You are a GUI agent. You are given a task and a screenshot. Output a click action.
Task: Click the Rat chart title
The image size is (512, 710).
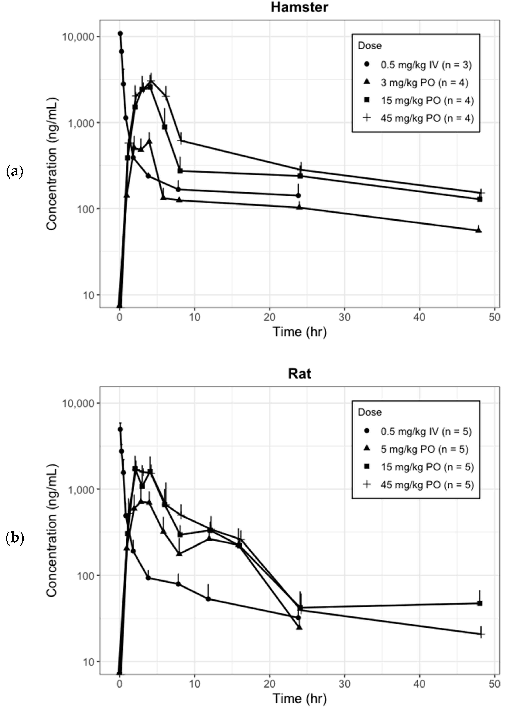coord(299,374)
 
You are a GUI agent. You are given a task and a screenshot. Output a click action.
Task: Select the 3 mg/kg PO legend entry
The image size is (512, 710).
coord(424,83)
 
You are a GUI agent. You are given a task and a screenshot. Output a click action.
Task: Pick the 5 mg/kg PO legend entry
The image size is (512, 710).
coord(424,449)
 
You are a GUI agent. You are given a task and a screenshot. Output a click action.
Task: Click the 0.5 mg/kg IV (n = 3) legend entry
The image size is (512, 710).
coord(426,65)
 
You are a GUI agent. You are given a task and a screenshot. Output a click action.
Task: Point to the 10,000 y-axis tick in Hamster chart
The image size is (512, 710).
coord(78,37)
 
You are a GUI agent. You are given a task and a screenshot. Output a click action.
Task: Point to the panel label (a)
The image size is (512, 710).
coord(14,172)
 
